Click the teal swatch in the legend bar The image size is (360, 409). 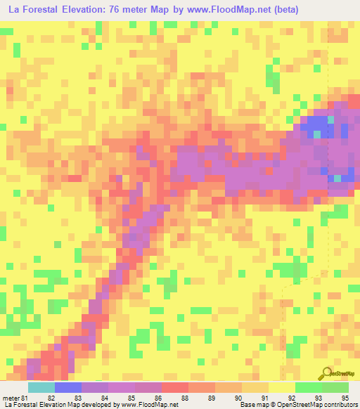[x=41, y=387]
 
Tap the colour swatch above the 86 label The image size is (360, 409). [x=148, y=387]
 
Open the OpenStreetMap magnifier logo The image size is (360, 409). [x=326, y=373]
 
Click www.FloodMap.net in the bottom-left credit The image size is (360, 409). [x=148, y=405]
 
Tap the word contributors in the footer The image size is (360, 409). [x=340, y=405]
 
